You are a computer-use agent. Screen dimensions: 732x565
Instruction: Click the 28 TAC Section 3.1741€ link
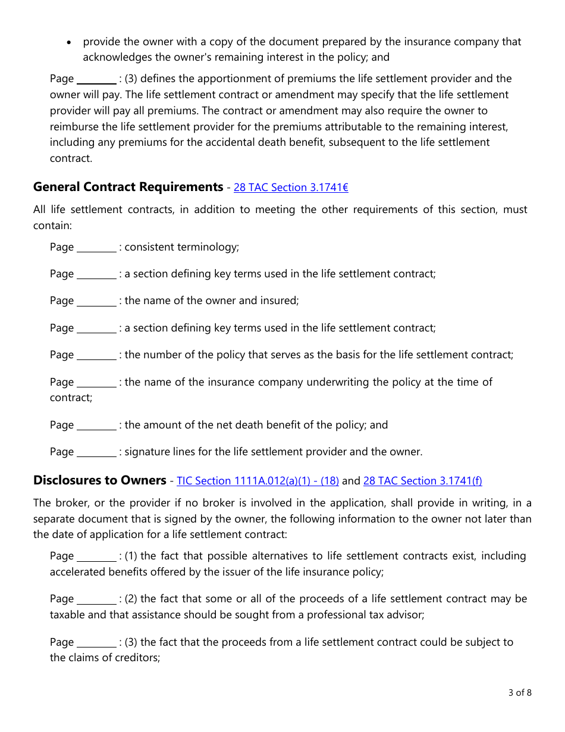point(291,187)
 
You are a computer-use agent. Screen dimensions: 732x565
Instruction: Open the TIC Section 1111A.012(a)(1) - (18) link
point(258,481)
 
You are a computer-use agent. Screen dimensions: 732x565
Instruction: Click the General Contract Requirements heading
point(128,187)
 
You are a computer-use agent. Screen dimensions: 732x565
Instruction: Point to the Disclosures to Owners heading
point(99,480)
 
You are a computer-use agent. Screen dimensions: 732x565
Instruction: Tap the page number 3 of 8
point(520,692)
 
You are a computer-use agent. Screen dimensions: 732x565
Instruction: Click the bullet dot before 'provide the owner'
point(70,42)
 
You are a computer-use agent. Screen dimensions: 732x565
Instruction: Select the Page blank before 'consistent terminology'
point(97,248)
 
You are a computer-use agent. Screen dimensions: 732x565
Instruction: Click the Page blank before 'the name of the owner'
point(97,301)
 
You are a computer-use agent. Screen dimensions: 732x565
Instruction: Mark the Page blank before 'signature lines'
point(97,452)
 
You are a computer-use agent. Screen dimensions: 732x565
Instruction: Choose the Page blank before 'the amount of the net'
point(97,426)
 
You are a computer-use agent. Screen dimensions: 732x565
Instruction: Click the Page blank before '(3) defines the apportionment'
point(97,79)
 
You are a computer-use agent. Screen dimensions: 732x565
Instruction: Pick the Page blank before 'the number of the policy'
point(97,355)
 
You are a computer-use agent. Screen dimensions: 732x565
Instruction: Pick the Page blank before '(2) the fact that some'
point(97,599)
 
